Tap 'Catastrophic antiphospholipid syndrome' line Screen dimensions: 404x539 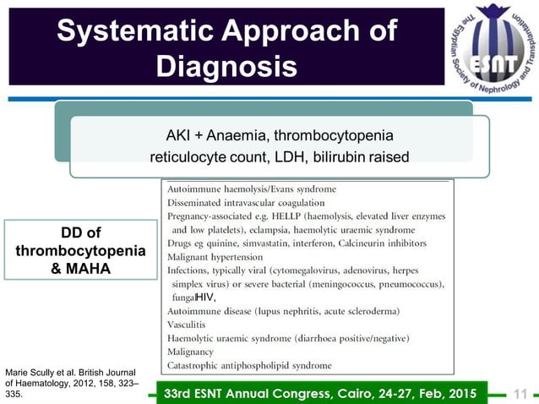click(x=249, y=365)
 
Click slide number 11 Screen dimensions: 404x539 click(x=520, y=392)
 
